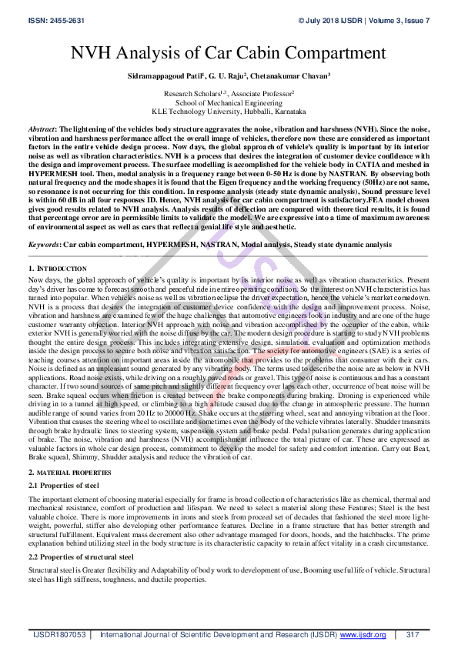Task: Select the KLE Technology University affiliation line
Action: [229, 110]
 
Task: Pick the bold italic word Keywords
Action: [44, 244]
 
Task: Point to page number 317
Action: [412, 635]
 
